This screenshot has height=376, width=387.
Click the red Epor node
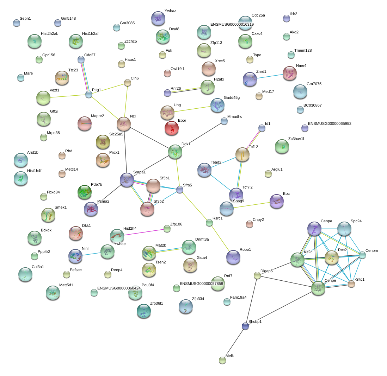tap(172, 128)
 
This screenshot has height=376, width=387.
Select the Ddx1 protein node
tap(175, 152)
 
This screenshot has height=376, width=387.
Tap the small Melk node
tap(222, 361)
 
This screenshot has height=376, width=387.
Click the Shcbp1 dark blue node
tap(245, 326)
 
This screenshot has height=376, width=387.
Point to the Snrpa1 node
tap(127, 180)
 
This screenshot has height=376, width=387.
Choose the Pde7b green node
tap(84, 192)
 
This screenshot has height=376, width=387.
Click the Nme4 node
tap(289, 74)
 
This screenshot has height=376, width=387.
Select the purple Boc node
tap(277, 202)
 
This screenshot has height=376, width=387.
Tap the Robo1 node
tap(233, 257)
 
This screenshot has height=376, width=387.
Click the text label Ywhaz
tap(170, 11)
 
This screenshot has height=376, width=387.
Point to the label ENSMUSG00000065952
tap(330, 123)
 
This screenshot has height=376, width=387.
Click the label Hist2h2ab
tap(50, 33)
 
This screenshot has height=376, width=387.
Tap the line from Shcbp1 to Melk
tap(234, 344)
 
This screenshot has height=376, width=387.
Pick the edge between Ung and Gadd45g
tap(192, 109)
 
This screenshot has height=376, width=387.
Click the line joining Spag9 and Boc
tap(252, 205)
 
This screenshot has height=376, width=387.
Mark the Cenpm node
tap(362, 255)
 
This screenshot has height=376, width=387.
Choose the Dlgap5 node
tap(257, 275)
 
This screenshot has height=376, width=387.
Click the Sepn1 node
tap(17, 23)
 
